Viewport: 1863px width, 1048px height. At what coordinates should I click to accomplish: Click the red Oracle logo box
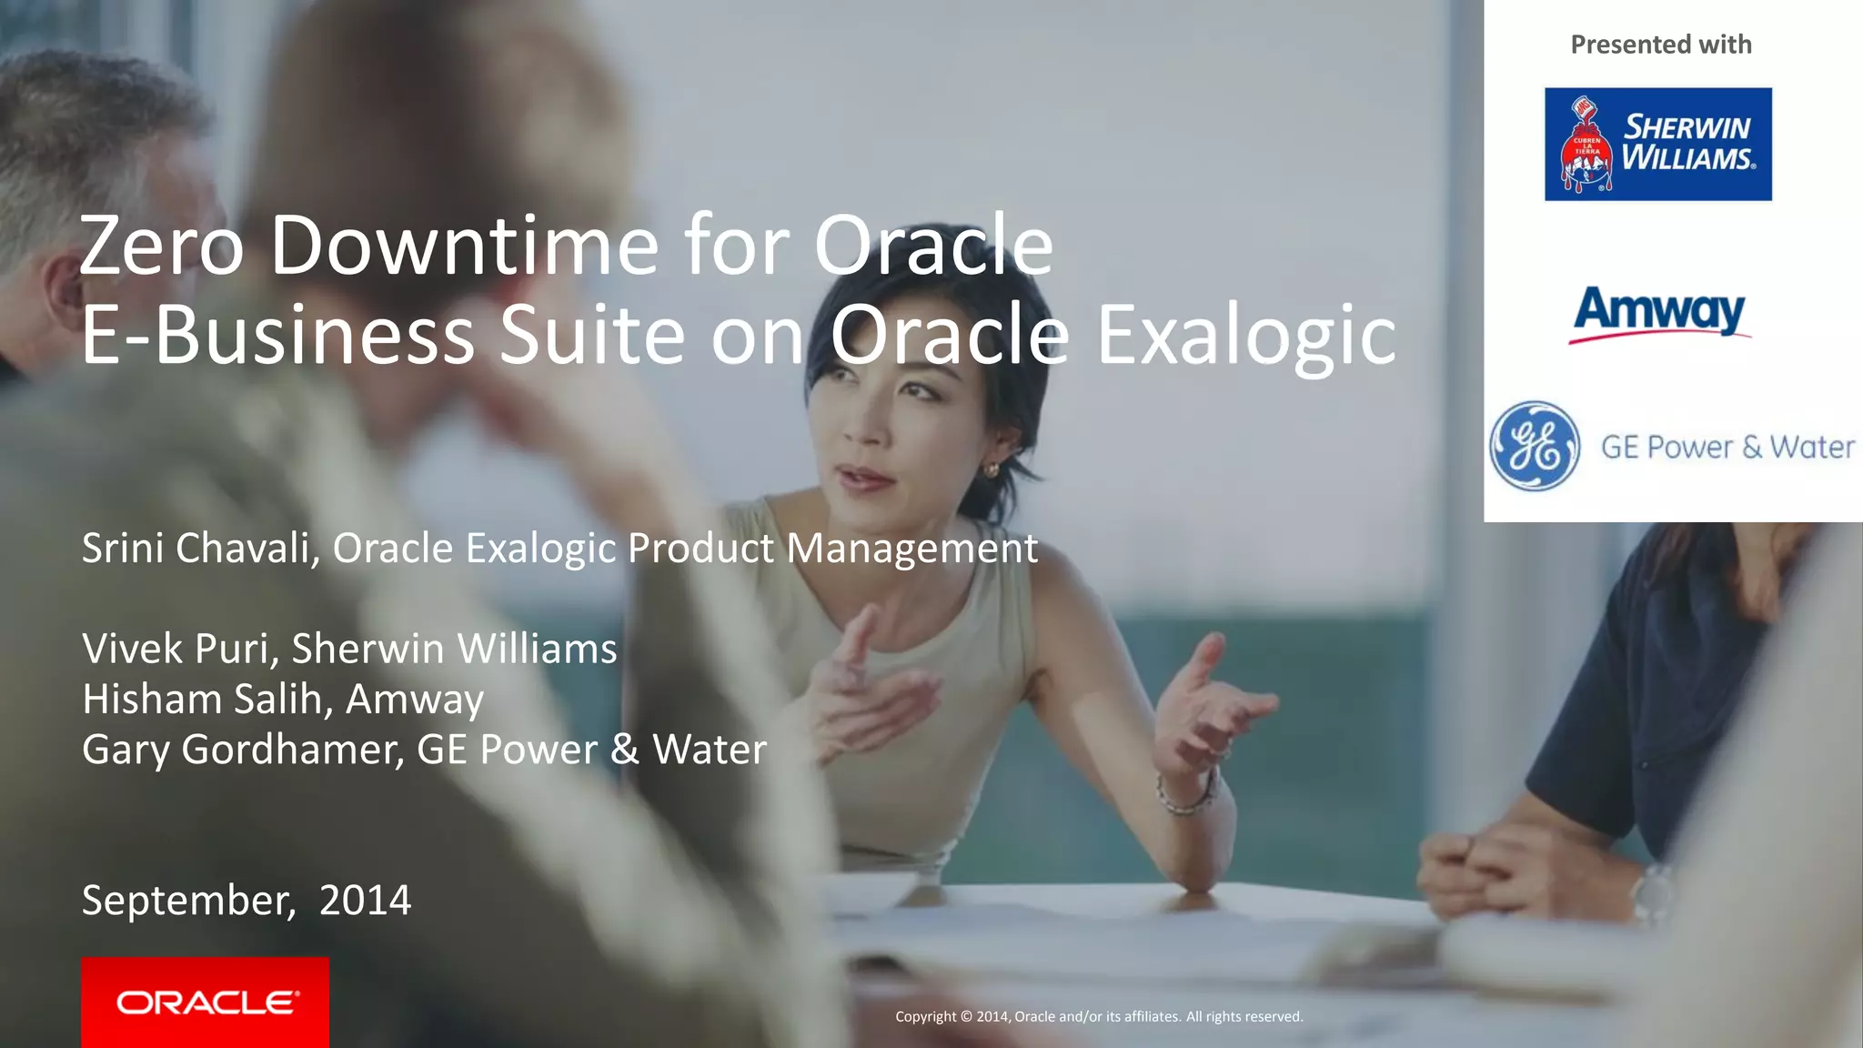point(205,1002)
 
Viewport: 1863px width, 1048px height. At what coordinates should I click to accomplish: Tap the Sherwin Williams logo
point(1657,144)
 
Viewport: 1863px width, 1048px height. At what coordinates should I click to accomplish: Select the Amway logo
point(1659,313)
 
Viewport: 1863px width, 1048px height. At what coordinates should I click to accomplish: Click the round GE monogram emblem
point(1535,446)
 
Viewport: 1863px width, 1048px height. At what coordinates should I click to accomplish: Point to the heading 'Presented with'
point(1660,45)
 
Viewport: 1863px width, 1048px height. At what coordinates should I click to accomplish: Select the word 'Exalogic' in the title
point(1246,336)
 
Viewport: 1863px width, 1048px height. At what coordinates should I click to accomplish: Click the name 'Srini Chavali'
point(196,548)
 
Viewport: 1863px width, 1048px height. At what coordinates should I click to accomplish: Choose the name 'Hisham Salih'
point(202,699)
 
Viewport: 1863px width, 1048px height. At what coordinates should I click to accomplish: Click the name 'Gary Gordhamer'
point(241,750)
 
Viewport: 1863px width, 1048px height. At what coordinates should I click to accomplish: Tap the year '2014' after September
point(365,900)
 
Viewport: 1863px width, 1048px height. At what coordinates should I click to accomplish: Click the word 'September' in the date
point(186,901)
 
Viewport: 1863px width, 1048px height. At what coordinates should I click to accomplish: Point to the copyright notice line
point(1099,1016)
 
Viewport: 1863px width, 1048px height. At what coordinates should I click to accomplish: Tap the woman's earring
point(991,469)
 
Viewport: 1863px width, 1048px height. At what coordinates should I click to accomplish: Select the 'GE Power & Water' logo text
point(1727,447)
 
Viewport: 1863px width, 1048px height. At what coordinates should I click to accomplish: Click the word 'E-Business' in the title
point(277,336)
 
